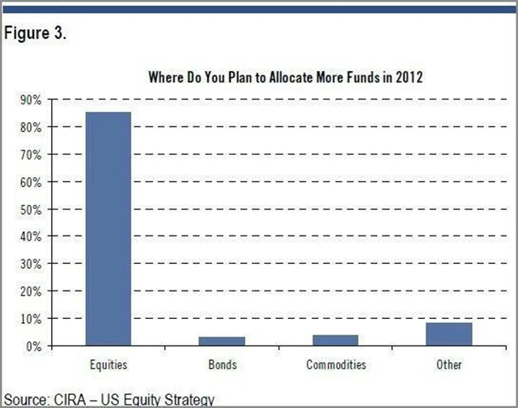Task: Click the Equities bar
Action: pos(108,228)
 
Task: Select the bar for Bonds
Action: pos(222,341)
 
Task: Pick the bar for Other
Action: pos(449,334)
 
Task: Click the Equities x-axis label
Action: pos(108,365)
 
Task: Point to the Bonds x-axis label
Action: pos(222,365)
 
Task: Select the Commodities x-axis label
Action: pos(336,365)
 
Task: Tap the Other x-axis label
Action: pos(449,365)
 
